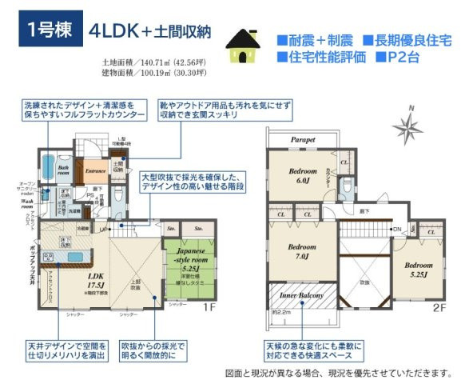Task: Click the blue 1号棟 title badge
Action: coord(50,31)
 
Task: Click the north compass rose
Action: coord(413,125)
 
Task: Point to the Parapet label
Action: coord(303,139)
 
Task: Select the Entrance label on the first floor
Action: coord(97,170)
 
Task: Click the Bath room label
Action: coord(65,170)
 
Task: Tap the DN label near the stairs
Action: coord(396,230)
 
